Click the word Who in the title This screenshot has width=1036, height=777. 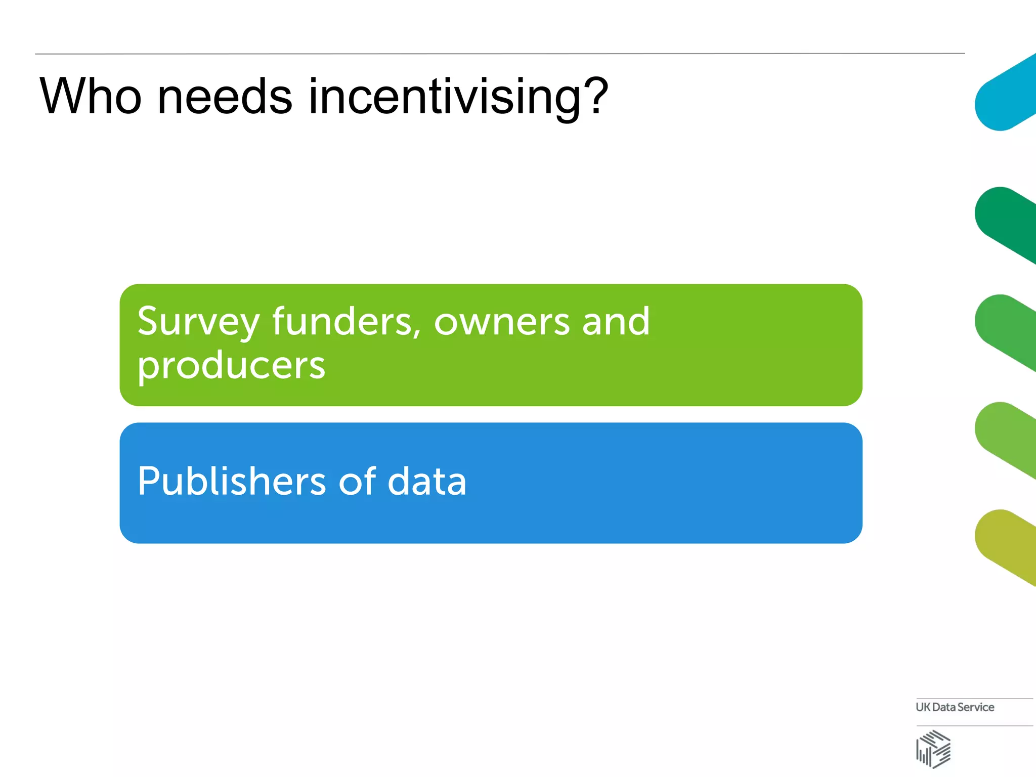[91, 96]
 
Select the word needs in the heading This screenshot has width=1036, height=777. [225, 96]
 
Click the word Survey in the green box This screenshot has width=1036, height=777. [198, 323]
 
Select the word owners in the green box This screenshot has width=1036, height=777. [501, 323]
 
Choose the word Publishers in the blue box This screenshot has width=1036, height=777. [232, 481]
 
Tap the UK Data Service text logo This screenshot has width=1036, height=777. [955, 707]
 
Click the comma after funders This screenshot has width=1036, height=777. [417, 334]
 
